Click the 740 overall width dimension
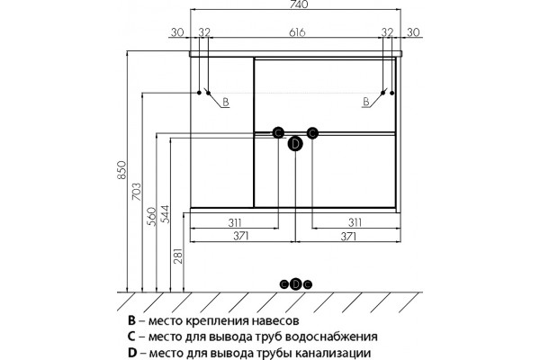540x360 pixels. click(x=296, y=4)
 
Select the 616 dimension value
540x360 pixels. click(x=297, y=32)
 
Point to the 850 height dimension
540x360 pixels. click(x=121, y=169)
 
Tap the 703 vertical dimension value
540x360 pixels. click(x=137, y=193)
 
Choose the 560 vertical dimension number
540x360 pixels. click(x=151, y=216)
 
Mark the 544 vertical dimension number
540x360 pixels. click(x=166, y=214)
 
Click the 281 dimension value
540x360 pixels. click(x=178, y=256)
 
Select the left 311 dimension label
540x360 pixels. click(x=235, y=222)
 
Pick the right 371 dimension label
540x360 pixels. click(x=348, y=237)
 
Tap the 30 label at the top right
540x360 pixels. click(x=413, y=32)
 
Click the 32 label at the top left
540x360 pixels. click(x=204, y=32)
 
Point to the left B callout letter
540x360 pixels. click(x=226, y=102)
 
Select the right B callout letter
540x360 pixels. click(x=365, y=102)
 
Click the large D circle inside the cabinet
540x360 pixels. click(x=295, y=144)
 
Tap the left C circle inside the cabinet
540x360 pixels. click(x=278, y=132)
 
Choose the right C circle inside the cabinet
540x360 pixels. click(x=312, y=132)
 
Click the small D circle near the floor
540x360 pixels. click(x=296, y=284)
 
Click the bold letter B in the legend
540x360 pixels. click(x=131, y=320)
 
